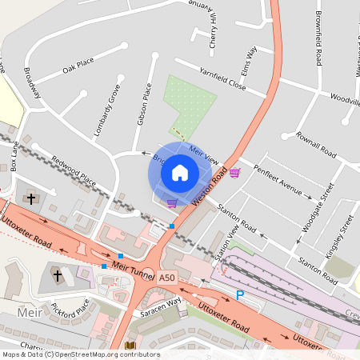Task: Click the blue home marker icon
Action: [180, 172]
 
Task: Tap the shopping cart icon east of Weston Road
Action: [234, 173]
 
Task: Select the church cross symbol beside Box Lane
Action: [31, 198]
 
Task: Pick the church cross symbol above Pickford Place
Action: [57, 275]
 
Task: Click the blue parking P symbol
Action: [239, 295]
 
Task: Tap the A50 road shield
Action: [166, 277]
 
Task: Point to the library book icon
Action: [130, 346]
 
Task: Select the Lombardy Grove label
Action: [106, 110]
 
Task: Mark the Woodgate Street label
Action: [316, 210]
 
